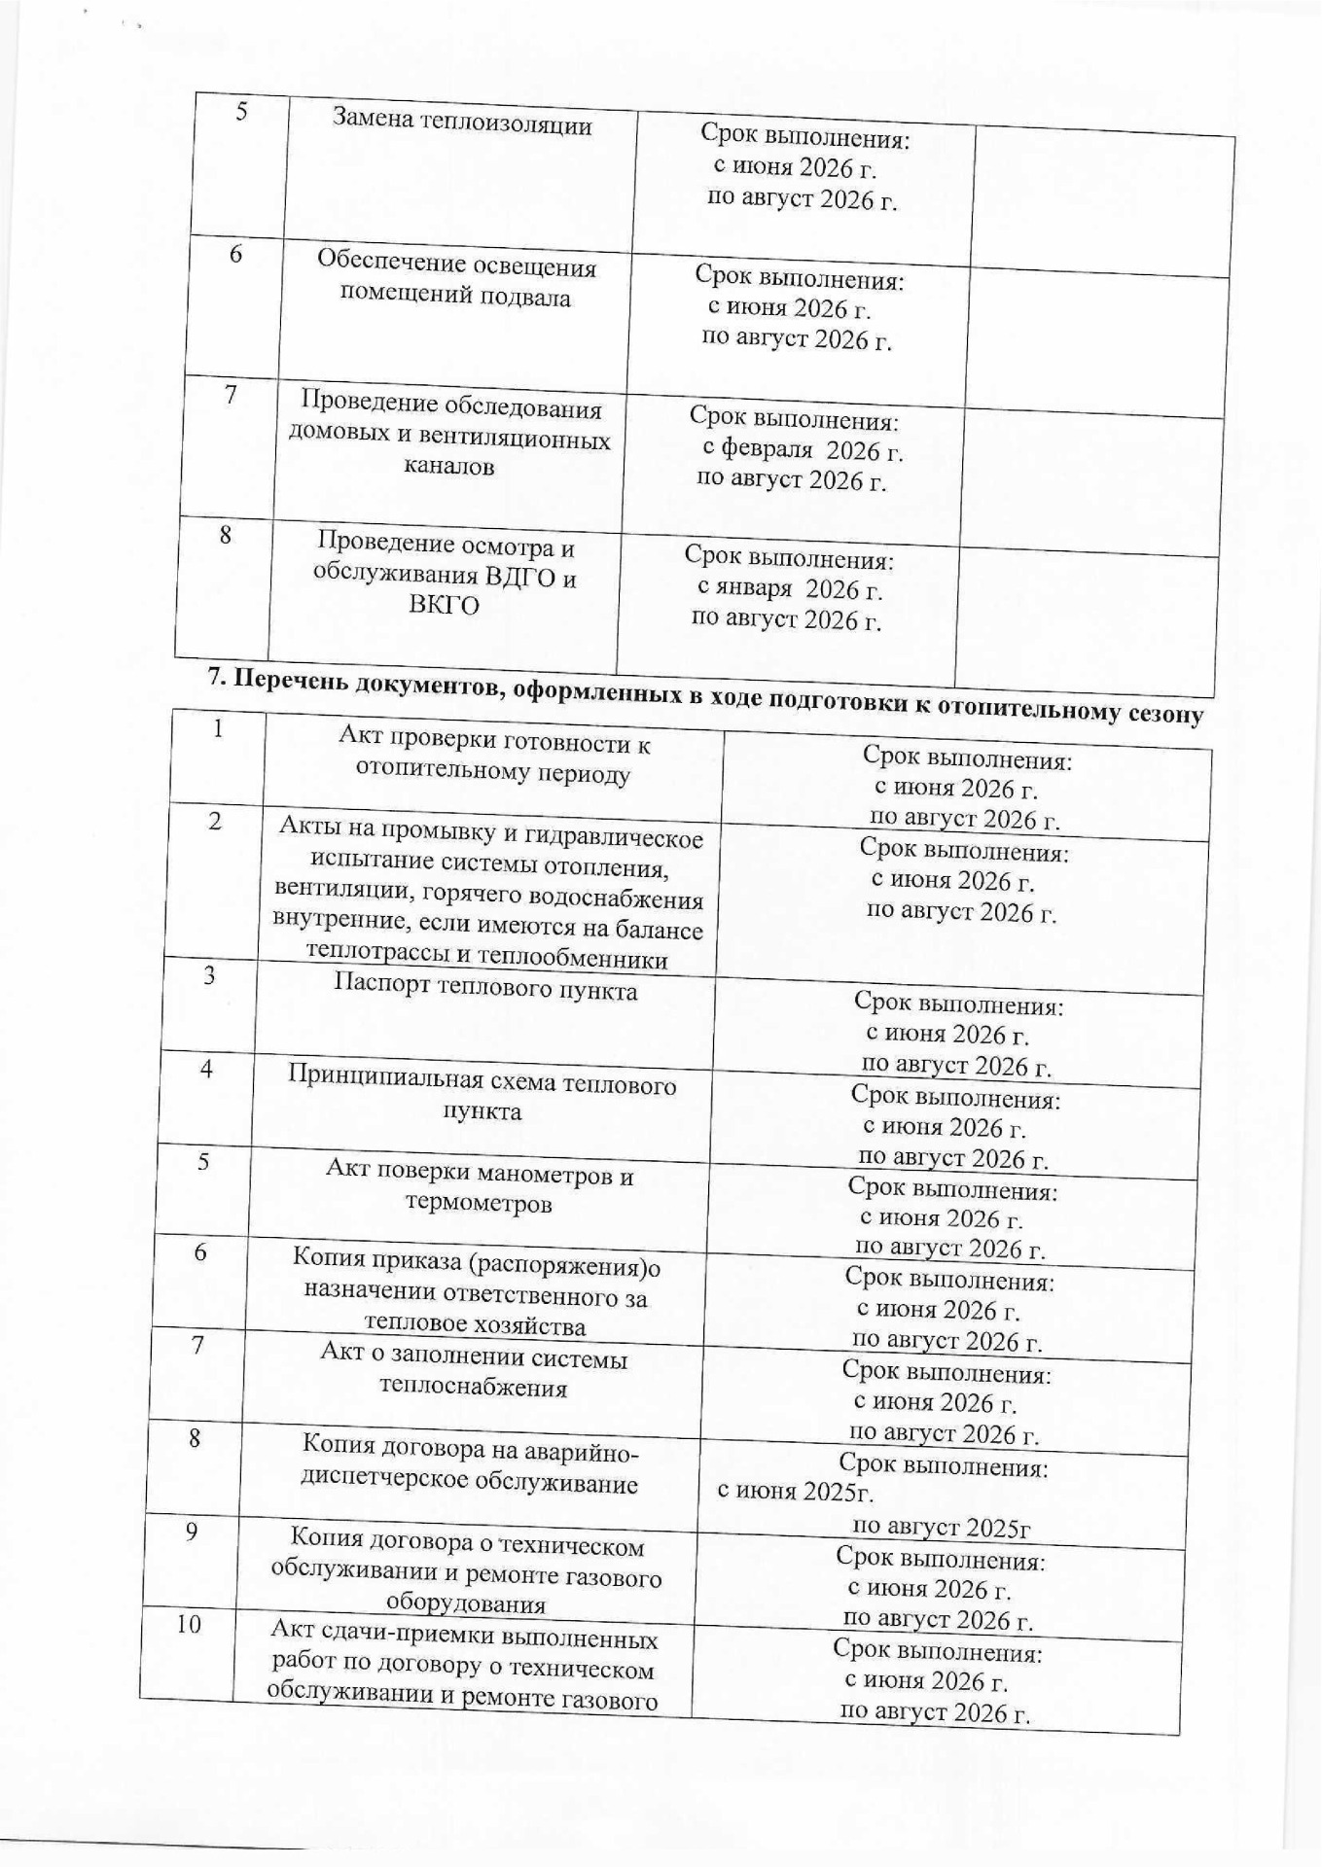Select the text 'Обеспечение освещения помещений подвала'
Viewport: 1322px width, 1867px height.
(456, 281)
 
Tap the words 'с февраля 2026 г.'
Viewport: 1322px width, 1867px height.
(803, 451)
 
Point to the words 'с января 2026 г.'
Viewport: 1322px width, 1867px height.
(790, 589)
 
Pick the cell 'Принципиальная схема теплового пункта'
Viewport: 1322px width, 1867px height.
(482, 1097)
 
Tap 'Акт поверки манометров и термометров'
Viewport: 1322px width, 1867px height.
(479, 1188)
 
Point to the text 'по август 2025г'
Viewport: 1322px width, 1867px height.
(941, 1527)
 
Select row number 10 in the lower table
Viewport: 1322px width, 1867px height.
(189, 1623)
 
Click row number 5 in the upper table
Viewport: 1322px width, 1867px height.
(240, 111)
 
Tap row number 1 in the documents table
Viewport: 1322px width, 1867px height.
(218, 728)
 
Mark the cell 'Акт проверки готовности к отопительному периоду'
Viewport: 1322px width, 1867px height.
(493, 758)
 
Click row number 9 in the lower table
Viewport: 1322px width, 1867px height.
(192, 1532)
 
